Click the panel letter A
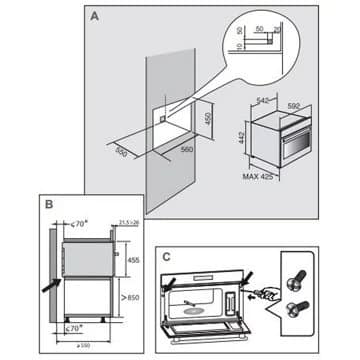point(93,17)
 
